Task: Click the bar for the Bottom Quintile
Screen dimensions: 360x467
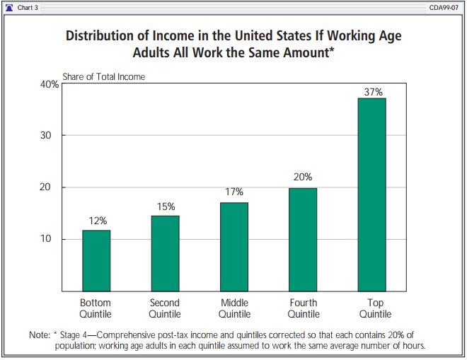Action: coord(96,260)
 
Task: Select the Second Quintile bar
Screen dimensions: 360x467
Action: coord(165,253)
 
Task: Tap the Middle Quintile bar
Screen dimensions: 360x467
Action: coord(234,246)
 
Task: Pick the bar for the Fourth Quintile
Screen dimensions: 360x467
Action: coord(303,239)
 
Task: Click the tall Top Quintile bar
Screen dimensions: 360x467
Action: coord(372,194)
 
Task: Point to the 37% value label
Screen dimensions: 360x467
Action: coord(373,92)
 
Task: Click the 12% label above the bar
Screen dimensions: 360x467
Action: coord(97,221)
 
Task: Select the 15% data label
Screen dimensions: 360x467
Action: coord(166,207)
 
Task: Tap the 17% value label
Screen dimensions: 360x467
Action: coord(234,192)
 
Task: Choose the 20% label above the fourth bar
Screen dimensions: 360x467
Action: coord(303,178)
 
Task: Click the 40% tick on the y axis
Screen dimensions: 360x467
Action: coord(50,85)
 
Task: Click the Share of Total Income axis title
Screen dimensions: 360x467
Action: coord(103,76)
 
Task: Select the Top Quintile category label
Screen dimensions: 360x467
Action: coord(375,308)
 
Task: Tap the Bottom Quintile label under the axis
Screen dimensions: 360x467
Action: coord(96,308)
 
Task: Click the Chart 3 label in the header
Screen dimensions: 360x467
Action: coord(29,7)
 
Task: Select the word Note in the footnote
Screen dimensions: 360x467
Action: coord(38,335)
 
